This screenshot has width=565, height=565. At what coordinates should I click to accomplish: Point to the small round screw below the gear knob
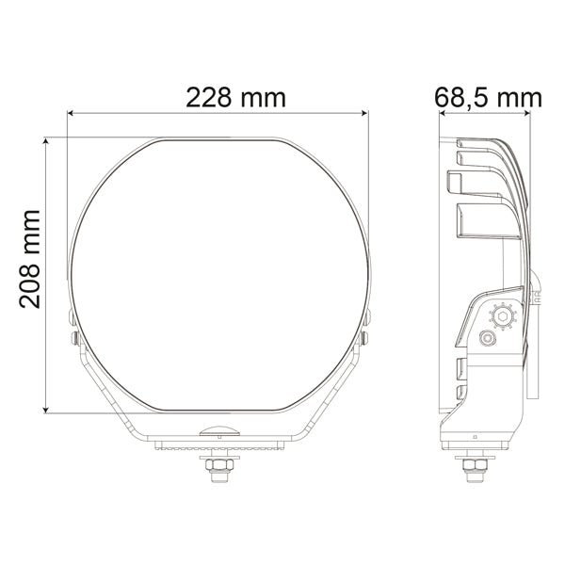(x=489, y=338)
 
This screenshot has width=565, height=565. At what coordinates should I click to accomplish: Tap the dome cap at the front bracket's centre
(x=218, y=431)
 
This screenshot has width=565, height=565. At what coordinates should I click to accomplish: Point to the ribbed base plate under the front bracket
(x=218, y=444)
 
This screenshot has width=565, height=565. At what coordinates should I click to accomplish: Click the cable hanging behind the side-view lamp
(x=534, y=358)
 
